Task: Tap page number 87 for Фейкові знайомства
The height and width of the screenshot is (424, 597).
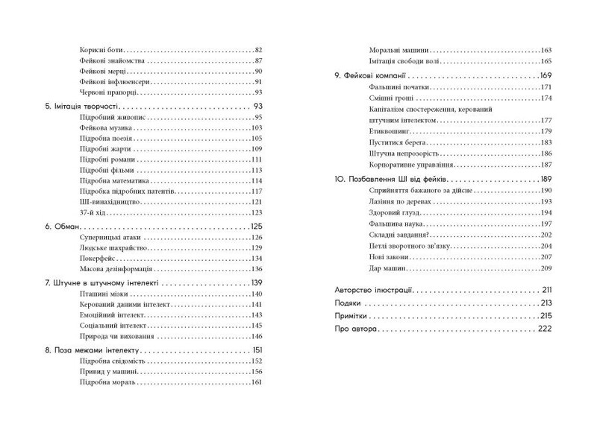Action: click(259, 60)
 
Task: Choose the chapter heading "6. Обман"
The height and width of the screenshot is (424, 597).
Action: click(62, 227)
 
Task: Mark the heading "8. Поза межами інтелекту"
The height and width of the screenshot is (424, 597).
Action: click(92, 351)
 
